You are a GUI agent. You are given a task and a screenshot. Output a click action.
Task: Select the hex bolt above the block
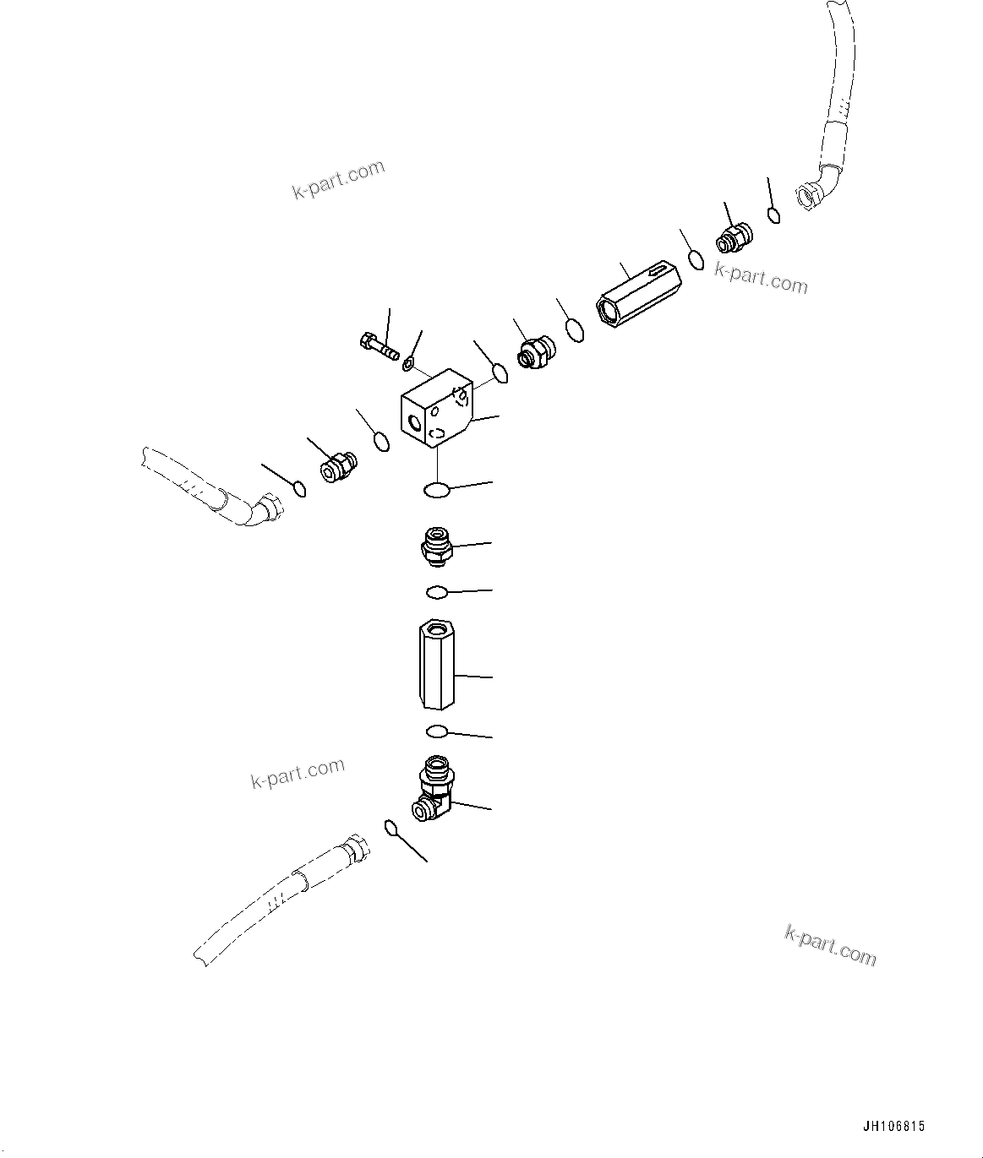[x=378, y=346]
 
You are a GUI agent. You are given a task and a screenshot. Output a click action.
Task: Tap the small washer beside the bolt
[x=408, y=364]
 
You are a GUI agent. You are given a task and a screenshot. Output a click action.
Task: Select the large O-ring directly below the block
[x=436, y=490]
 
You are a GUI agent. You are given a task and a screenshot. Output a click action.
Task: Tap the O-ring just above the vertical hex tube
[x=437, y=592]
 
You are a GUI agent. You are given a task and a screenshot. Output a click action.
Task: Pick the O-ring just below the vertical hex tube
[x=436, y=731]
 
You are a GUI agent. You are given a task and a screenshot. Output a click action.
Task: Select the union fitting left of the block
[x=338, y=465]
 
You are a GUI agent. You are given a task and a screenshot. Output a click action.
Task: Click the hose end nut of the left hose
[x=270, y=508]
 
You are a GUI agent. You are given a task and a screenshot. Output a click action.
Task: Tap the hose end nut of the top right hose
[x=810, y=196]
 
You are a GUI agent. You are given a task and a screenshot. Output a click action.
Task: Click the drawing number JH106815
[x=894, y=1127]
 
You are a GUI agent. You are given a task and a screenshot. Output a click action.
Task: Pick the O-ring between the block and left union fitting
[x=382, y=441]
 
